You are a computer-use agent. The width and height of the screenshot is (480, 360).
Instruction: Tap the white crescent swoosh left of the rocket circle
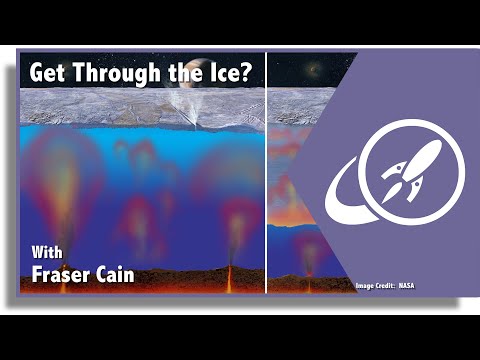tap(346, 195)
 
